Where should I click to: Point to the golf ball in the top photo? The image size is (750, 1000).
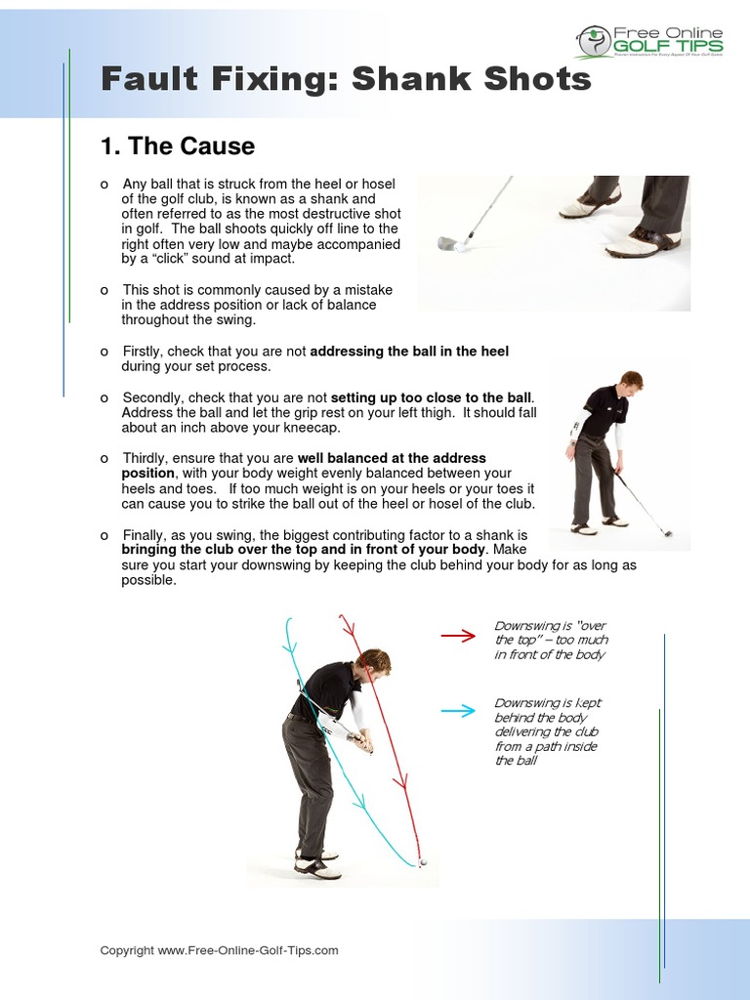(460, 247)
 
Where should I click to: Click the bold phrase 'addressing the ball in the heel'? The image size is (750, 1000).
(409, 351)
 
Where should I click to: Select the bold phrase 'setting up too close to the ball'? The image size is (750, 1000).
(432, 397)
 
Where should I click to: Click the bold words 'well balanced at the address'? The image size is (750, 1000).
(392, 458)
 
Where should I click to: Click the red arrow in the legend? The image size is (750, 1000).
(457, 636)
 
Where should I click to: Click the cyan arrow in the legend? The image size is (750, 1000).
(457, 711)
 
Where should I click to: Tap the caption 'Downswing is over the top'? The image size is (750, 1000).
(551, 640)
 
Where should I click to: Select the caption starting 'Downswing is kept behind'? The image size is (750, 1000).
(547, 731)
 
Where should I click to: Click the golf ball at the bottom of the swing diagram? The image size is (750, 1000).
(423, 863)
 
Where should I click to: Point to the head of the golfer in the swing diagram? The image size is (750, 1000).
(374, 664)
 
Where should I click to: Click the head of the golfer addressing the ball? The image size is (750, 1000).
(631, 381)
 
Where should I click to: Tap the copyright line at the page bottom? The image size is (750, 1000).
(219, 950)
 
